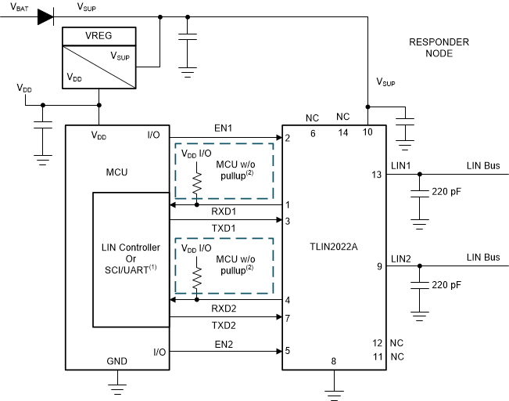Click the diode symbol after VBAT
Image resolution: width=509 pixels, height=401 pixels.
pyautogui.click(x=45, y=16)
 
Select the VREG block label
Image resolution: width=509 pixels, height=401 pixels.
pyautogui.click(x=99, y=35)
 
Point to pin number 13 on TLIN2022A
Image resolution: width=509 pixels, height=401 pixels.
pyautogui.click(x=377, y=175)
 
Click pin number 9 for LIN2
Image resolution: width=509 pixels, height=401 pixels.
pyautogui.click(x=378, y=266)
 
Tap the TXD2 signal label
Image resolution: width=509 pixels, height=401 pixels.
pyautogui.click(x=224, y=324)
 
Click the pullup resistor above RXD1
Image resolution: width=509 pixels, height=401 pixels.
pyautogui.click(x=195, y=185)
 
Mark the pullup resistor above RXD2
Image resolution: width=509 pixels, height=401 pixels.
pyautogui.click(x=195, y=278)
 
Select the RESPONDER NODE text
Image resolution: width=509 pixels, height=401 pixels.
pyautogui.click(x=439, y=49)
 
